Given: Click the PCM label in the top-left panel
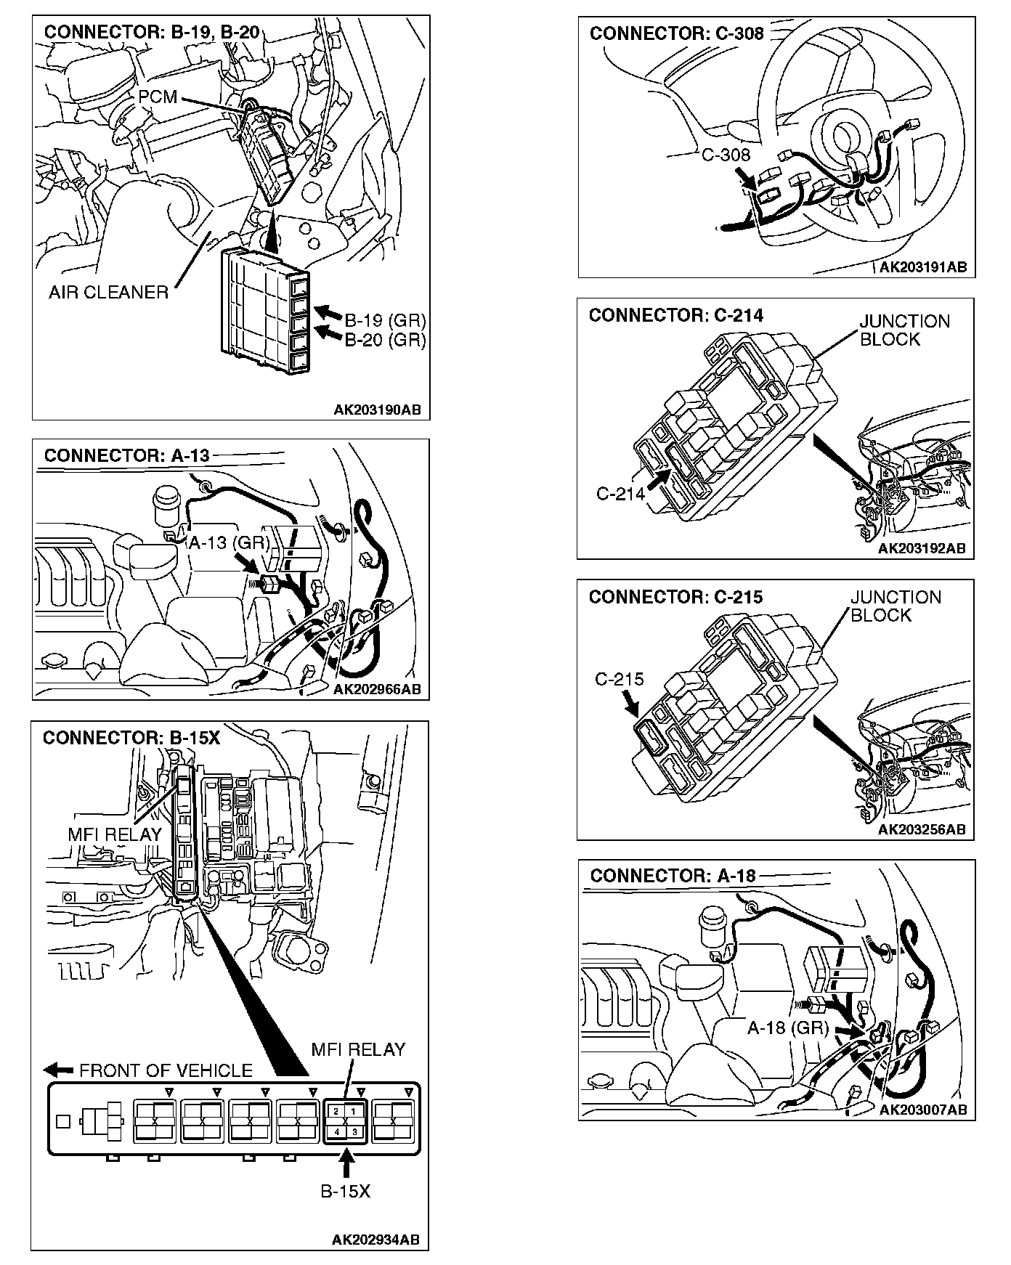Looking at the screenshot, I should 158,97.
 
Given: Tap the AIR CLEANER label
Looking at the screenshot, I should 108,292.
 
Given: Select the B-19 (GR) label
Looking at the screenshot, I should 384,320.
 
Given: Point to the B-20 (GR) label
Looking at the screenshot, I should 384,339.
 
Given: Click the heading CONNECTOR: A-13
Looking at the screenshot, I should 126,455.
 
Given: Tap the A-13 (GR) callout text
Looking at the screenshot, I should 229,542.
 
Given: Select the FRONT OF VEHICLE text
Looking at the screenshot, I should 166,1070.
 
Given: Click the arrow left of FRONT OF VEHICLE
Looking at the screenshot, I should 58,1070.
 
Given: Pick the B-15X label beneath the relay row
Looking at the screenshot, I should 346,1192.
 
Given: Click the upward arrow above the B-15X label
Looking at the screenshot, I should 346,1165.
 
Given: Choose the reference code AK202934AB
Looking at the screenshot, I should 375,1240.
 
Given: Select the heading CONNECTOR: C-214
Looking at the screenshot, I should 675,315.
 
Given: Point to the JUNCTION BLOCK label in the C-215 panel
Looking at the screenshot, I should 895,606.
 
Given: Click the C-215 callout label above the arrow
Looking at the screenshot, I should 619,679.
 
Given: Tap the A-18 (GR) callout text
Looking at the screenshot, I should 788,1028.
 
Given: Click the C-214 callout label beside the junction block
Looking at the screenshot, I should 620,494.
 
